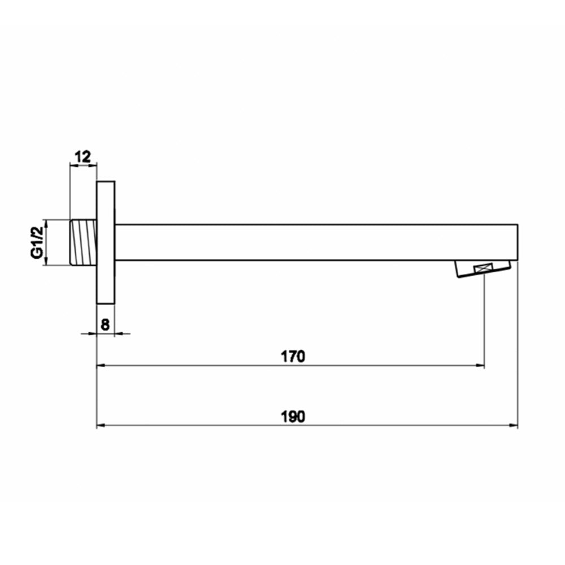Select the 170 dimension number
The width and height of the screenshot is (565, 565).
point(293,357)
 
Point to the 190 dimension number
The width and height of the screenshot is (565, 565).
point(293,416)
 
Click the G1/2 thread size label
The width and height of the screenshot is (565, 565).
point(37,242)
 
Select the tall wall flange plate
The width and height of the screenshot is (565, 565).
point(106,242)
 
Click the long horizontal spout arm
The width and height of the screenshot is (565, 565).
point(316,242)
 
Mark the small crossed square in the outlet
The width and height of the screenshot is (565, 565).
point(484,269)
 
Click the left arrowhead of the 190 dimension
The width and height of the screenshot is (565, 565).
point(101,425)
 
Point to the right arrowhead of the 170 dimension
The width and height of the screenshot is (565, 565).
point(480,366)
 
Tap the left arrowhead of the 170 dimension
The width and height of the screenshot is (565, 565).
point(101,366)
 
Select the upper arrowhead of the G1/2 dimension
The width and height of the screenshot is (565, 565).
point(47,223)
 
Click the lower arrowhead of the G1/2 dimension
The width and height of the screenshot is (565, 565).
point(47,262)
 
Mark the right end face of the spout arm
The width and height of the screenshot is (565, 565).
point(518,242)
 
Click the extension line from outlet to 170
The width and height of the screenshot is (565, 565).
point(484,322)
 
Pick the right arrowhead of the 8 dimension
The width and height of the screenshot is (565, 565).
point(119,334)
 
